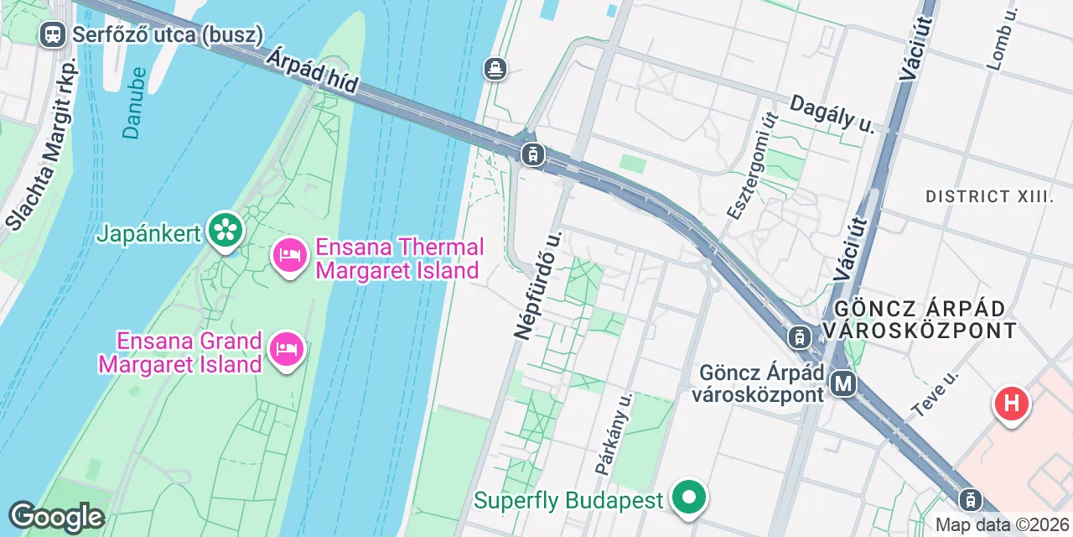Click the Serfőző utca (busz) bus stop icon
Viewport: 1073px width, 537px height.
(52, 34)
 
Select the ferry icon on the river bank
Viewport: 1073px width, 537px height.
(496, 68)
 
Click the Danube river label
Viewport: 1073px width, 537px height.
(134, 102)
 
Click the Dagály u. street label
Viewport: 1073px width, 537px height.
(832, 113)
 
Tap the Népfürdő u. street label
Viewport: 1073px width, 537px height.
(536, 283)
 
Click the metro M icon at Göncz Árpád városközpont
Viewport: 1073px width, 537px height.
(843, 384)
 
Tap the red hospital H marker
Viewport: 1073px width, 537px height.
(1012, 404)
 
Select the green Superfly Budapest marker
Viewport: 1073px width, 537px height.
(689, 498)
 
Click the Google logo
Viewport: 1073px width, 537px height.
(56, 517)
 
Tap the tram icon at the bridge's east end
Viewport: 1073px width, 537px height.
(532, 154)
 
